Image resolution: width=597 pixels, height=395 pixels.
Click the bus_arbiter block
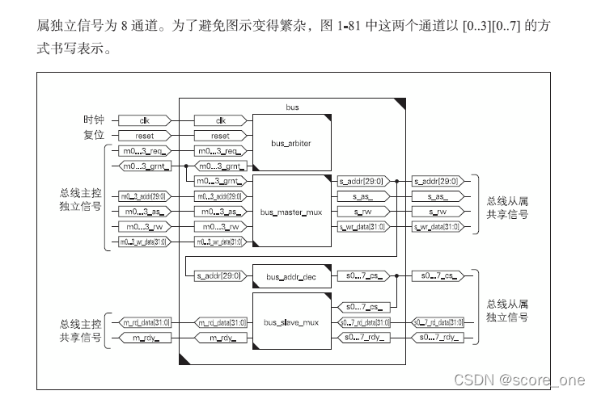[291, 143]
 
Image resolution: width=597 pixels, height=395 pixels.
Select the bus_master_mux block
[291, 212]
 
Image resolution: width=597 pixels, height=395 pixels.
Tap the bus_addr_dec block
[291, 277]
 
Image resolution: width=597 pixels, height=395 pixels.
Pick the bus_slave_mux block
[291, 323]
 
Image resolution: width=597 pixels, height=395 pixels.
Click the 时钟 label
[95, 120]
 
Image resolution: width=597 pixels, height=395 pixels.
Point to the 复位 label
[95, 136]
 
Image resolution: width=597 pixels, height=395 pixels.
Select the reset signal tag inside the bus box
[220, 136]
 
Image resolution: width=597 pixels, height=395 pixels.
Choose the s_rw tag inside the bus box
[362, 212]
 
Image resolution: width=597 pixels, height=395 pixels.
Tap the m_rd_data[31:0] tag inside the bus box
[220, 323]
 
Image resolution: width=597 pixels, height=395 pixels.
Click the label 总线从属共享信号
[506, 208]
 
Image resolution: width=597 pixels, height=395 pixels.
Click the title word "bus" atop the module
[293, 106]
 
